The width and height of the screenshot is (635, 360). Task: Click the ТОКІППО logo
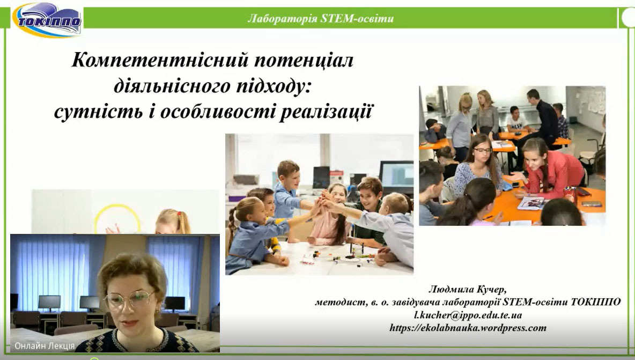coord(47,20)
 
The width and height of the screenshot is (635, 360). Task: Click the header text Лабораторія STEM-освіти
coord(320,18)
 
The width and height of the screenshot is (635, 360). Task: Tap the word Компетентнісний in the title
coord(160,60)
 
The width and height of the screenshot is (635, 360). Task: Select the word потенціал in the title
coord(304,60)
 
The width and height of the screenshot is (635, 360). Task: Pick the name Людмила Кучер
coord(467,290)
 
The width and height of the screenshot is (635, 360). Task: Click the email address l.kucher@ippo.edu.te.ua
coord(468,315)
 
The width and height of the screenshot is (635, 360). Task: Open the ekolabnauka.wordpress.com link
coord(468,328)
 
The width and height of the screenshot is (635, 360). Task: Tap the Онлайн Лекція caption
coord(45,346)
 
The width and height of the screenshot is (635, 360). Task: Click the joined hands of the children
coord(322,202)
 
